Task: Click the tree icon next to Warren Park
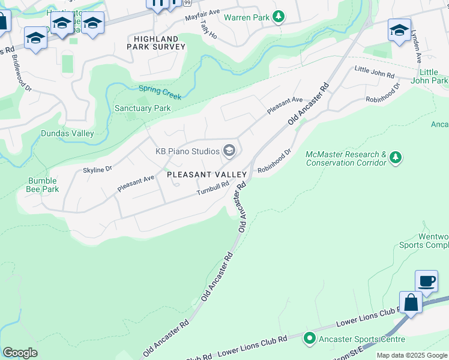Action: click(278, 17)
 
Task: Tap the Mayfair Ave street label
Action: click(202, 11)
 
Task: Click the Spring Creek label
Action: click(160, 92)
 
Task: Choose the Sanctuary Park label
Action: click(142, 109)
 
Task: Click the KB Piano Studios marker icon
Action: click(229, 150)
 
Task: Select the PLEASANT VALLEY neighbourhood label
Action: click(206, 174)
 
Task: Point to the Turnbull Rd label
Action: click(213, 188)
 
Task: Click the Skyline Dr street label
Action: click(97, 170)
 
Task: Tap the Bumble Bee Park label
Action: click(43, 185)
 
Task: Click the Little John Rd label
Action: click(374, 73)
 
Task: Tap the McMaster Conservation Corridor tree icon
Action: click(395, 158)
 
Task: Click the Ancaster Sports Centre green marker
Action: click(309, 338)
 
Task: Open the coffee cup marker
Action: click(426, 281)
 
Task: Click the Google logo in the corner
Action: click(20, 353)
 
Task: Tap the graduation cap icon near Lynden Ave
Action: click(399, 29)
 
